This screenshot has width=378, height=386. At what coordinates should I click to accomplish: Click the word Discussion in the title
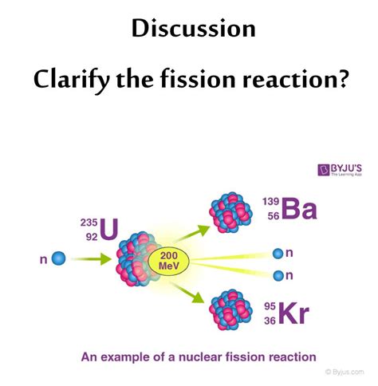pos(194,30)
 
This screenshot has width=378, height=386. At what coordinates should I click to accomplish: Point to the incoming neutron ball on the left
pos(58,258)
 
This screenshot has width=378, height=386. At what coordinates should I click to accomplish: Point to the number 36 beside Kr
pos(271,319)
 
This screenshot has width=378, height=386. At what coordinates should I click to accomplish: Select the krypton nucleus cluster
pos(230,309)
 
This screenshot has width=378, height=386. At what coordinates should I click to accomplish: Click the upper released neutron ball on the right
pos(278,254)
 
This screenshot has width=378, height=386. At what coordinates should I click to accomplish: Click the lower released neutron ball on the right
pos(278,276)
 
